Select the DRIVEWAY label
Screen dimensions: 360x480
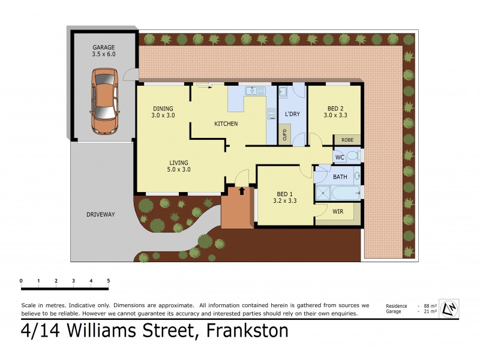pos(100,214)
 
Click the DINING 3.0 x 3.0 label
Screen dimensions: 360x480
pos(163,112)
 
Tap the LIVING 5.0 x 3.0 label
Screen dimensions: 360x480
pos(178,166)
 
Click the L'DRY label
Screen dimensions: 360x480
pos(292,114)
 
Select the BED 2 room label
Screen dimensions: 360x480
pos(335,112)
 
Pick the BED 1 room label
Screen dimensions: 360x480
pos(285,197)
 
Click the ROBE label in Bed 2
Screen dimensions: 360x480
pos(347,139)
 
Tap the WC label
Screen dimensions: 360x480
pos(340,157)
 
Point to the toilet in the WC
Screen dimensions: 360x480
pos(354,156)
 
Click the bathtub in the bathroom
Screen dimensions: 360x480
pos(344,193)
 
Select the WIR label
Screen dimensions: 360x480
pos(337,211)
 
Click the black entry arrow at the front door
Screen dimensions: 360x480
pos(242,191)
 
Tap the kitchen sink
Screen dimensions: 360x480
pos(255,91)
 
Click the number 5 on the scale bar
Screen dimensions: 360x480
pos(109,281)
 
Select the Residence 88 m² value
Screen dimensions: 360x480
pos(428,305)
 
